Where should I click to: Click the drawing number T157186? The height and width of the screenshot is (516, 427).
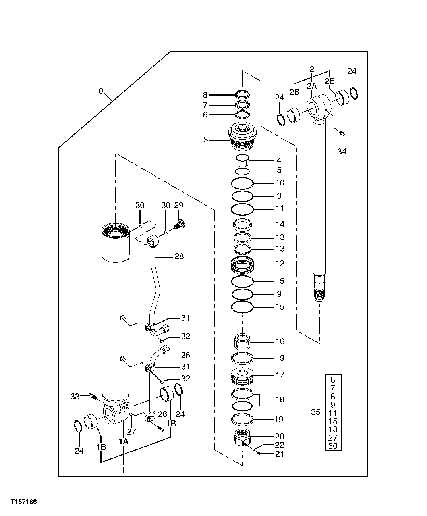pyautogui.click(x=24, y=502)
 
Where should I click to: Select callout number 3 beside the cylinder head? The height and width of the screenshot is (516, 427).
pyautogui.click(x=205, y=140)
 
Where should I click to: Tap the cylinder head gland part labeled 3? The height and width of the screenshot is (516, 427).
pyautogui.click(x=243, y=137)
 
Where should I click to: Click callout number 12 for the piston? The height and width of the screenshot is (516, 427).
pyautogui.click(x=280, y=263)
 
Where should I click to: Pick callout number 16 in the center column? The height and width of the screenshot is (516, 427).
pyautogui.click(x=280, y=341)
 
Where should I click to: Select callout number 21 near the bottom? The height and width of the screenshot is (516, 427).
pyautogui.click(x=280, y=454)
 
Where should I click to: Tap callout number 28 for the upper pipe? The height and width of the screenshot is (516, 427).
pyautogui.click(x=179, y=256)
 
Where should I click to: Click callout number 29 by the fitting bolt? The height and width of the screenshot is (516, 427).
pyautogui.click(x=179, y=205)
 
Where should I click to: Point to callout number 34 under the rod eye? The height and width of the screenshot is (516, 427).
pyautogui.click(x=342, y=151)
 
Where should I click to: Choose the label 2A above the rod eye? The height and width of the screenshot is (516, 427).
pyautogui.click(x=311, y=85)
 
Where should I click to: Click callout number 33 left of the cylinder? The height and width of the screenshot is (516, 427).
pyautogui.click(x=75, y=396)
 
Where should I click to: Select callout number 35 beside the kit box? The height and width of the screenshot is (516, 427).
pyautogui.click(x=315, y=412)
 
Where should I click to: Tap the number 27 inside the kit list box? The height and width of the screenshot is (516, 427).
pyautogui.click(x=333, y=437)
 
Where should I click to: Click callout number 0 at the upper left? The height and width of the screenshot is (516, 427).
pyautogui.click(x=101, y=92)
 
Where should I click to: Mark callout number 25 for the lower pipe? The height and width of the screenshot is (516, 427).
pyautogui.click(x=185, y=355)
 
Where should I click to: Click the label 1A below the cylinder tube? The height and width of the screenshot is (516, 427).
pyautogui.click(x=123, y=441)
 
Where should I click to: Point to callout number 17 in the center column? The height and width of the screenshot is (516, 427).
pyautogui.click(x=280, y=374)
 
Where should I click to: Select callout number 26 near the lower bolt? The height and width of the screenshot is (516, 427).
pyautogui.click(x=162, y=414)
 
